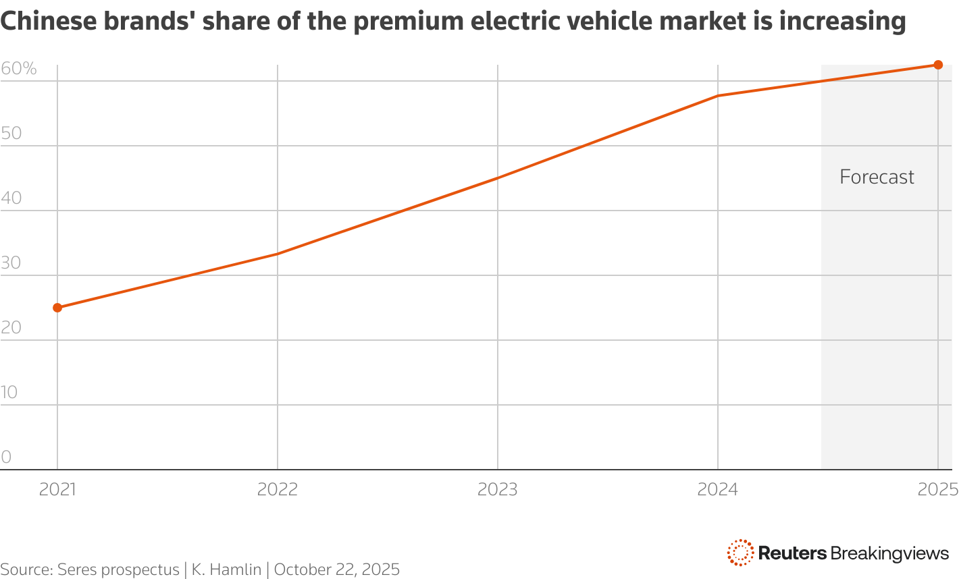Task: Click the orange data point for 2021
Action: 57,308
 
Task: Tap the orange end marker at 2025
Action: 938,65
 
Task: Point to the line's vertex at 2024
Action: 718,96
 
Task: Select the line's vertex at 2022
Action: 278,254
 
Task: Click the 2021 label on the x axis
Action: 57,489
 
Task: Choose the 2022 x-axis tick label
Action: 278,489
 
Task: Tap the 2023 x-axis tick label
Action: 498,489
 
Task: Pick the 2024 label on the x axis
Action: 718,489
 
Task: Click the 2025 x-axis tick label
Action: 937,489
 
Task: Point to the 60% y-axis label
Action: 19,69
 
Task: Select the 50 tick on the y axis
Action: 11,134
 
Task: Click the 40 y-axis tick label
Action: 11,198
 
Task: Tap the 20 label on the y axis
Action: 11,328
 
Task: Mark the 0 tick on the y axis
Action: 6,458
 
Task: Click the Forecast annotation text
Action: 877,177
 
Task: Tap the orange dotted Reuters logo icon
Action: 740,553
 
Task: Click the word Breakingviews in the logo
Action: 889,553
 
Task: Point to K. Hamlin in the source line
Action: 226,570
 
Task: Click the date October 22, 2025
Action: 337,570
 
